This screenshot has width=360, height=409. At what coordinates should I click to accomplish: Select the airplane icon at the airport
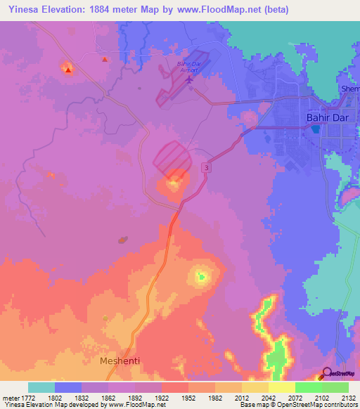pos(190,79)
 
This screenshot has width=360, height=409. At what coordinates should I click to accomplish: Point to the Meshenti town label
pos(120,361)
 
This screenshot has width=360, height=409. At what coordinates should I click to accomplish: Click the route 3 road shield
pos(205,167)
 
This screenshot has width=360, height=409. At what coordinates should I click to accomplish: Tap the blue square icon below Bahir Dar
pos(316,129)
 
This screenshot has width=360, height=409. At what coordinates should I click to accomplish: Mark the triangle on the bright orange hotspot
pos(67,70)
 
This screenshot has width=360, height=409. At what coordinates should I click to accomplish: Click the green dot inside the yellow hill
pos(201,276)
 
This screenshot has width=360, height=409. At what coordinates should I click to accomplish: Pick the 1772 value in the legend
pos(26,397)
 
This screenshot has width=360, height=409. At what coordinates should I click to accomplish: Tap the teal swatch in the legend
pos(41,387)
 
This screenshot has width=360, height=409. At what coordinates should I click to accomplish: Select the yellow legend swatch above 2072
pos(281,387)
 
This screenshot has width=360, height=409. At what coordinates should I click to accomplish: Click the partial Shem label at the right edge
pos(349,89)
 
